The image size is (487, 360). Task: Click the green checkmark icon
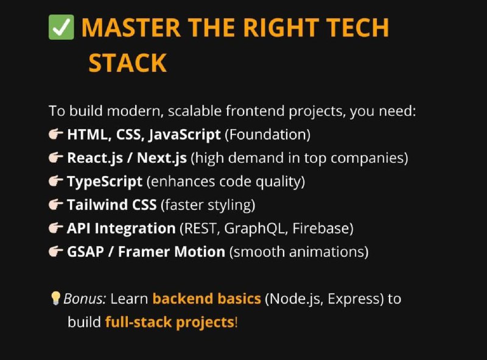(x=61, y=27)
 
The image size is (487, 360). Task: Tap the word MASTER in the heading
(x=131, y=27)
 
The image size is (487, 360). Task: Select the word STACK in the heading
(x=128, y=63)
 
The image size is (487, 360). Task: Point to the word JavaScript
(x=184, y=135)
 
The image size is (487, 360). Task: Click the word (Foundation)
(x=267, y=135)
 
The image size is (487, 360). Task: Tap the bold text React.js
(x=95, y=158)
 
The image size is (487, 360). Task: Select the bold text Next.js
(x=162, y=158)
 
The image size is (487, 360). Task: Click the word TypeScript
(x=105, y=182)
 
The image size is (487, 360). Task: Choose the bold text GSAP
(x=85, y=252)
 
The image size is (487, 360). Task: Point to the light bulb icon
(x=55, y=298)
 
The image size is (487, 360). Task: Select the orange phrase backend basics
(x=206, y=298)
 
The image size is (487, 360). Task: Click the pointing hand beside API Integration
(x=56, y=228)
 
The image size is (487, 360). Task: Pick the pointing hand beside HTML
(x=56, y=134)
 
